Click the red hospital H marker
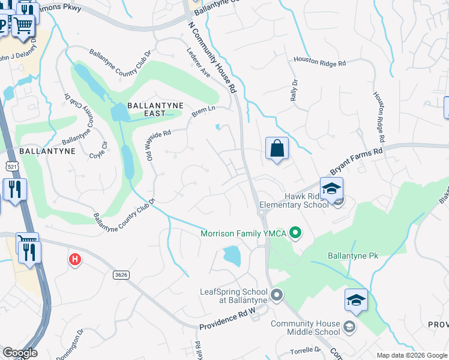[75, 260]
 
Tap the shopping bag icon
[277, 148]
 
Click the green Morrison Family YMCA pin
[295, 232]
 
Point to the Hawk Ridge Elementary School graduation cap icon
[331, 188]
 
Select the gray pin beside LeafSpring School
[277, 295]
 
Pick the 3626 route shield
[121, 274]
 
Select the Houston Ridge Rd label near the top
[320, 61]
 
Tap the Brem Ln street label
[203, 111]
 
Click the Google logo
[20, 353]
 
